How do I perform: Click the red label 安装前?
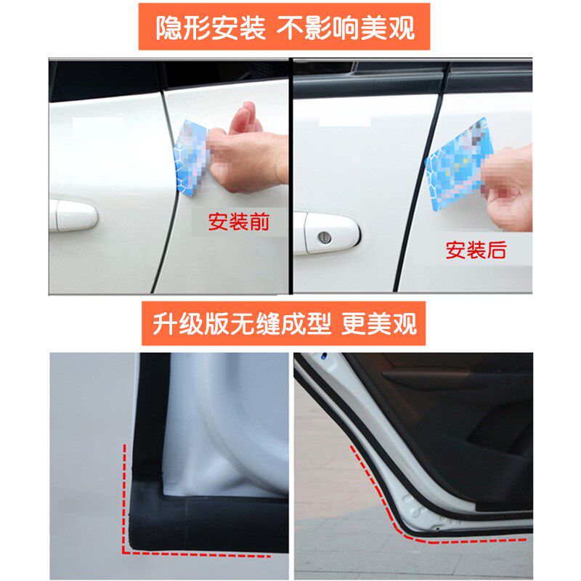pos(238,222)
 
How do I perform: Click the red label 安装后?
pos(476,251)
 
